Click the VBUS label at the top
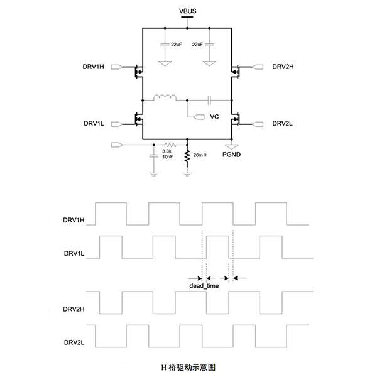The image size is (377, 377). tap(187, 11)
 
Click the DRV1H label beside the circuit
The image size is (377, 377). tap(94, 68)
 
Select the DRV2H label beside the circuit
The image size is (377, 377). tap(283, 67)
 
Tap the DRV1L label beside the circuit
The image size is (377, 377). tap(94, 123)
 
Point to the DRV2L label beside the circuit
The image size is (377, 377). tap(283, 123)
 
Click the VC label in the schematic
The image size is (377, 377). tap(214, 117)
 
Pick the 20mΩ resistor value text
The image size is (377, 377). tap(202, 155)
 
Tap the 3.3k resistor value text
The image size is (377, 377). tap(167, 151)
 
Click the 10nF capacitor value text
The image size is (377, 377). tap(168, 157)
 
